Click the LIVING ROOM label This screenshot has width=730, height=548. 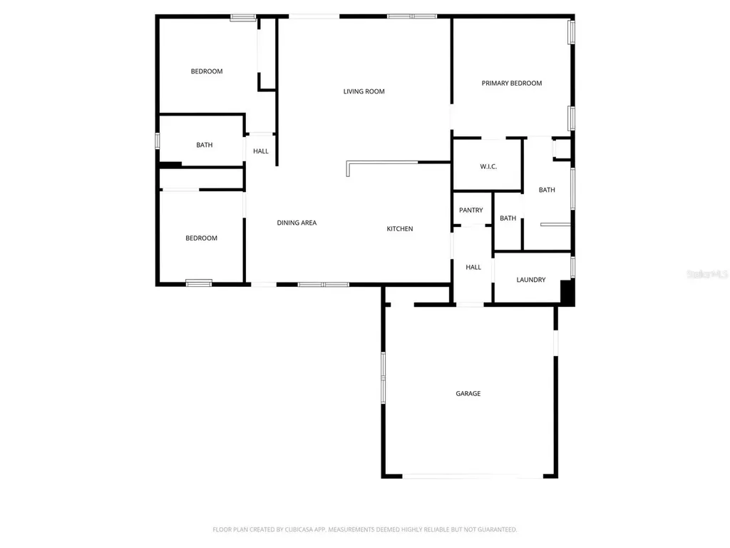tap(364, 91)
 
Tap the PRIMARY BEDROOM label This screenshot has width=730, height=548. tap(512, 83)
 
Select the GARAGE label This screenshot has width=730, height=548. tap(468, 393)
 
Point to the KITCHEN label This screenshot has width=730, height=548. tap(400, 228)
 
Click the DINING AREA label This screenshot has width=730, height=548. tap(297, 223)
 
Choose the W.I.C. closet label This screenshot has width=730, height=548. tap(488, 166)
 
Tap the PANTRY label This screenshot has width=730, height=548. tap(471, 210)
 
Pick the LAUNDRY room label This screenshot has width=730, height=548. tap(530, 280)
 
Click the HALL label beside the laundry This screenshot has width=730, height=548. tap(473, 267)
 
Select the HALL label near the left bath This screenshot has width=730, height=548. tap(261, 151)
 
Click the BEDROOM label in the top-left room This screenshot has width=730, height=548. tap(207, 71)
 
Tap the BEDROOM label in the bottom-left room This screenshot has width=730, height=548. tap(201, 238)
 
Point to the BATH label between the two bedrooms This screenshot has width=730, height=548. tap(205, 145)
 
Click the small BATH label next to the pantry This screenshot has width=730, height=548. tap(508, 218)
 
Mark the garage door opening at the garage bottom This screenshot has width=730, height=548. tap(473, 476)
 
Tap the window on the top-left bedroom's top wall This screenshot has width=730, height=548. tap(243, 18)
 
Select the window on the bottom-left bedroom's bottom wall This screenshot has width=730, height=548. tap(199, 283)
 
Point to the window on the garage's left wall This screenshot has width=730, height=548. tap(383, 377)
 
